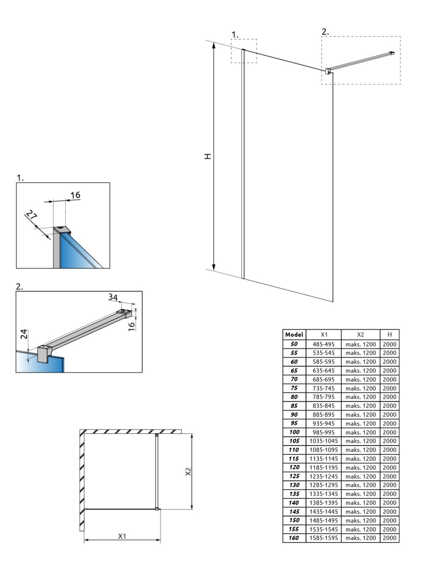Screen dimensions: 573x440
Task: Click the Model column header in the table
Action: click(294, 334)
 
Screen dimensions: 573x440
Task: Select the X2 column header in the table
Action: click(360, 334)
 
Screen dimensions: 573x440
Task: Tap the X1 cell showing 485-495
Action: click(323, 344)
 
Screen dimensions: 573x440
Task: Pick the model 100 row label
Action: click(294, 432)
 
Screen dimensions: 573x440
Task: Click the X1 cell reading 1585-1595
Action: click(323, 538)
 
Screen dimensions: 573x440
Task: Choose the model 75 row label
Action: click(294, 388)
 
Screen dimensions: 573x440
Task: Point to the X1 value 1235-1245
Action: click(323, 476)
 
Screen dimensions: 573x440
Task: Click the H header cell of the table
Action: click(389, 334)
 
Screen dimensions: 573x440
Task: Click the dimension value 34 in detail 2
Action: click(113, 297)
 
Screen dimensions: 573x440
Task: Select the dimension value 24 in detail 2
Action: click(24, 334)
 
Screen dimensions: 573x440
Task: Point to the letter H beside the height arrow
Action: click(208, 156)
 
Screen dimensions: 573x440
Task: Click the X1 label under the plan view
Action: click(122, 536)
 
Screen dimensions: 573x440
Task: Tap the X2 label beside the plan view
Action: click(188, 472)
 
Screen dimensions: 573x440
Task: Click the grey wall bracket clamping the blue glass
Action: click(44, 354)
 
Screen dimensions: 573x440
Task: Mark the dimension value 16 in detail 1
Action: click(75, 195)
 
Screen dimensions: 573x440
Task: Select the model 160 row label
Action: click(294, 538)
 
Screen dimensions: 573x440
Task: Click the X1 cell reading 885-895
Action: click(323, 414)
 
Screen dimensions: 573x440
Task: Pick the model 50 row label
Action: click(294, 344)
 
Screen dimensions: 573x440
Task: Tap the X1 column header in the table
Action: click(323, 334)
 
